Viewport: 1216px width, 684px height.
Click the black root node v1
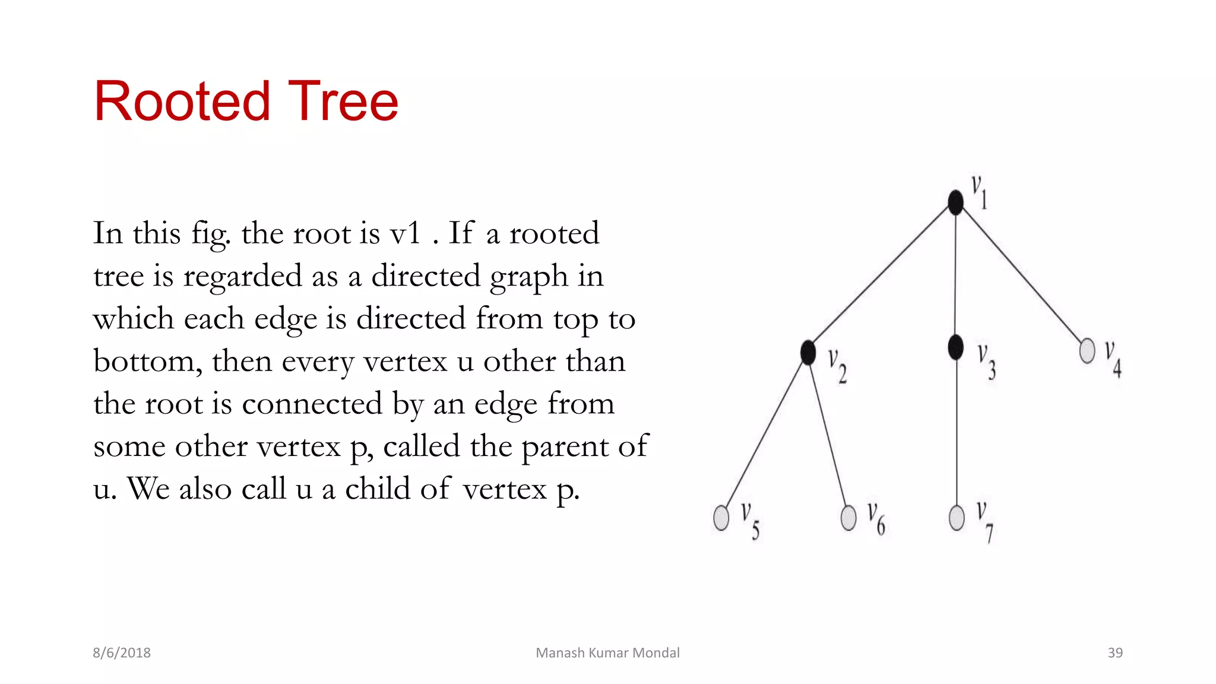tap(955, 202)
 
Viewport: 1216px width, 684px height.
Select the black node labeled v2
tap(808, 353)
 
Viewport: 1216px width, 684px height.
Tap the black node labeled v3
tap(956, 347)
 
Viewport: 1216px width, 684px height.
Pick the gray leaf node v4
tap(1087, 350)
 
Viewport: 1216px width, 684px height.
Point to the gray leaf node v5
tap(721, 518)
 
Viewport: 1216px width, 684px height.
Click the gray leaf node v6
tap(849, 517)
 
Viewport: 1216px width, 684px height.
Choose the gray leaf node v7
tap(957, 518)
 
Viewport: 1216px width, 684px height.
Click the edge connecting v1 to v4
tap(1021, 276)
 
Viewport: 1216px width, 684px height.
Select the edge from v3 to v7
tap(957, 433)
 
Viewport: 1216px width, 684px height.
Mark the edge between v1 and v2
tap(882, 277)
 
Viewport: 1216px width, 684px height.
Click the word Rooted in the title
tap(182, 102)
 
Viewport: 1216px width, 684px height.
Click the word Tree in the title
tap(343, 102)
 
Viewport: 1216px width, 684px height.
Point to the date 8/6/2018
tap(122, 653)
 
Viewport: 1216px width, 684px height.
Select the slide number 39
tap(1115, 653)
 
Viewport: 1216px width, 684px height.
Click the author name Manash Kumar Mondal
tap(607, 653)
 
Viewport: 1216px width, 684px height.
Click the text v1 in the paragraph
tap(406, 233)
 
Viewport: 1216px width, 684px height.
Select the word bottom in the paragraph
tap(143, 361)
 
